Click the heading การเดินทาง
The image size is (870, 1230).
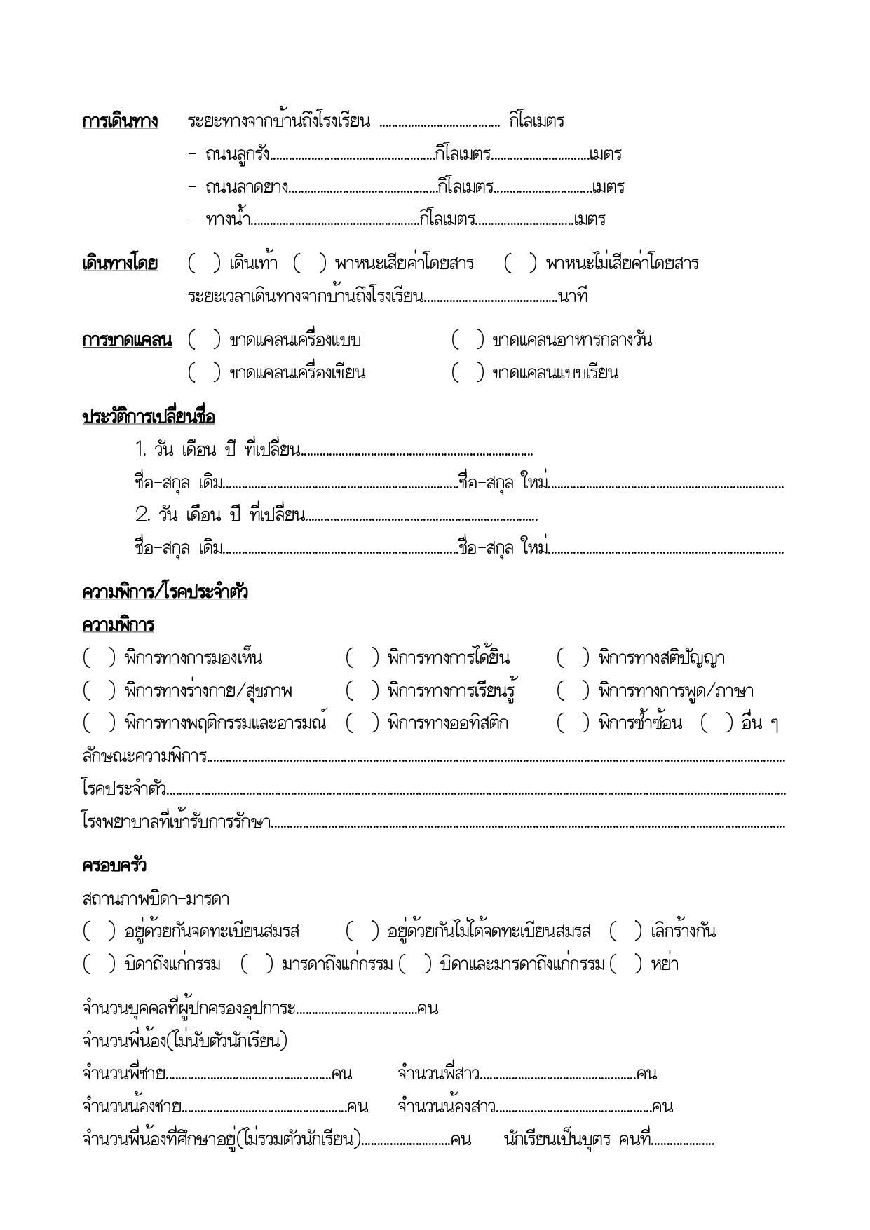[x=120, y=121]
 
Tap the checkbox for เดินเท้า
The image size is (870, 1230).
[x=204, y=264]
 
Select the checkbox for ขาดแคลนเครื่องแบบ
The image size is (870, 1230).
[x=204, y=340]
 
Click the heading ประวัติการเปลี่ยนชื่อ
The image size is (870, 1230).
[x=149, y=417]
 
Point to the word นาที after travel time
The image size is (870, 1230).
[x=573, y=296]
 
